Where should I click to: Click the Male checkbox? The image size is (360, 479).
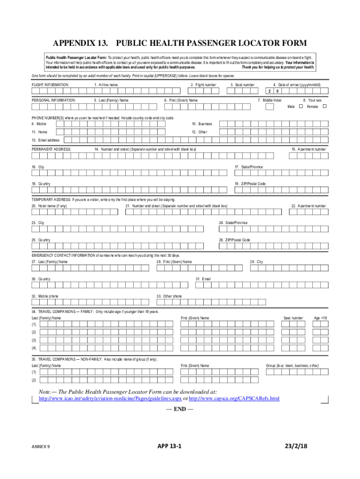point(301,107)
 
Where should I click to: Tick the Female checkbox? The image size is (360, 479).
point(325,107)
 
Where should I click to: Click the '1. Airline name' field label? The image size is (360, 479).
point(106,85)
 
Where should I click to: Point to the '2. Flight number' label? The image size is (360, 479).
point(203,85)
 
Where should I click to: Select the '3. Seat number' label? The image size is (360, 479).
point(242,85)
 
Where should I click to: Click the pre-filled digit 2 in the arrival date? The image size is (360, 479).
point(269,92)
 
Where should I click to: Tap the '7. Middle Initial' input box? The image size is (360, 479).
point(269,107)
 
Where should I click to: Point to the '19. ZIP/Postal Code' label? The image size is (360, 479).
point(250,184)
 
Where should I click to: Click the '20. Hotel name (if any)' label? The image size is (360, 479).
point(49,206)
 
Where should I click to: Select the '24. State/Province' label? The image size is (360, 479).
point(233,223)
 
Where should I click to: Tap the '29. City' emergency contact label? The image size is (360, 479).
point(256,262)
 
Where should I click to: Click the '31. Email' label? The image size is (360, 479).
point(203,279)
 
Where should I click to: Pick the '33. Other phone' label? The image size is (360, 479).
point(169,296)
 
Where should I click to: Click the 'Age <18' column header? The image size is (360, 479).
point(320,318)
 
